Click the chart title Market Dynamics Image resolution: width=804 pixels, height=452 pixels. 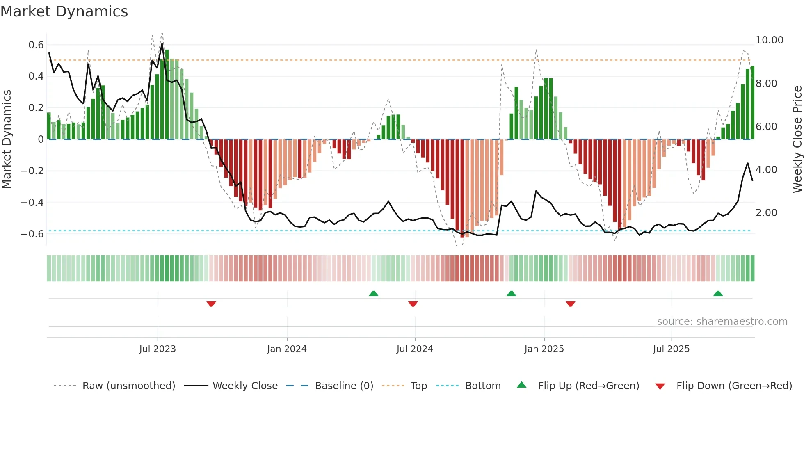(x=64, y=11)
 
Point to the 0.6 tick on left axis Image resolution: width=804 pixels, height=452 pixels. (x=36, y=45)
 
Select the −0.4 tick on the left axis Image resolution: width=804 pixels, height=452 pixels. (x=32, y=202)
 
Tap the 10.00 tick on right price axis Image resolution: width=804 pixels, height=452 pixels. (x=769, y=40)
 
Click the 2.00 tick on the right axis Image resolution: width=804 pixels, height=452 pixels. (x=766, y=213)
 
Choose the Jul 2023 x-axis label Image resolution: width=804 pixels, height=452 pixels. (x=158, y=349)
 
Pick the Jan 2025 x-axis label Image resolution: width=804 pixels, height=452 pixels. (x=544, y=349)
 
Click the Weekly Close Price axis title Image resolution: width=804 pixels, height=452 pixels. (x=797, y=139)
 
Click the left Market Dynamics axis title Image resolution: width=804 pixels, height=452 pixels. (x=7, y=139)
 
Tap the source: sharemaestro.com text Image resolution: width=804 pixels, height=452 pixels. (x=722, y=322)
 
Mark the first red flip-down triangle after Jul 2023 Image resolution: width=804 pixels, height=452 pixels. (x=211, y=304)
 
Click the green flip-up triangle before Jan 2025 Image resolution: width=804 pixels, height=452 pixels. (x=511, y=294)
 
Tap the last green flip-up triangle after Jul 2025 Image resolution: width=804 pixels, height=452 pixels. (x=718, y=294)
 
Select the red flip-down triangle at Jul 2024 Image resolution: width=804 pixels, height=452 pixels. (x=413, y=304)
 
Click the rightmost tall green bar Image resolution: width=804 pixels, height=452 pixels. (x=752, y=103)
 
